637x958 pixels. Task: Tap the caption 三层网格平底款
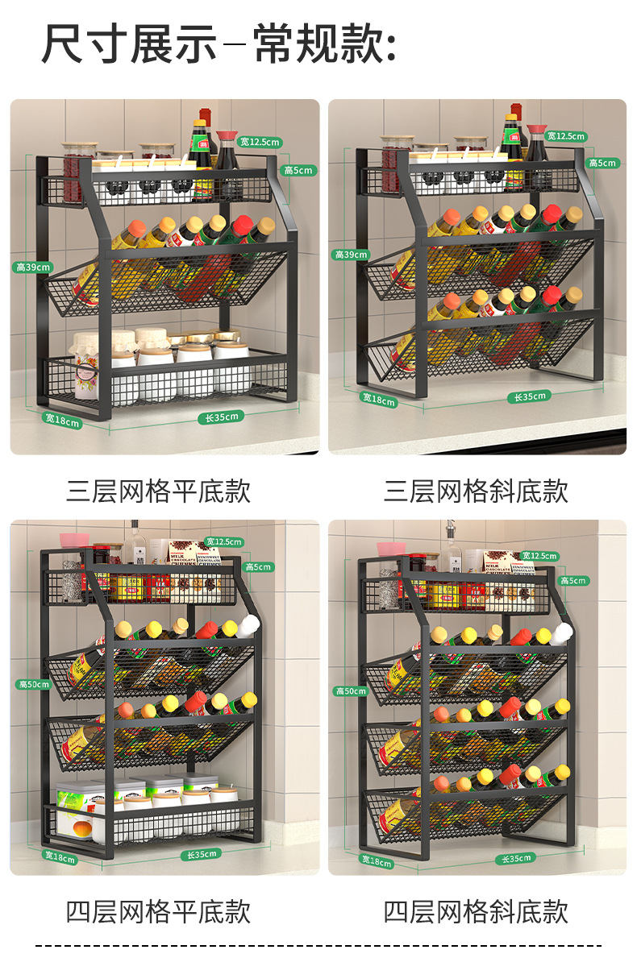click(159, 491)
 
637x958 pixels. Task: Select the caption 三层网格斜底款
click(477, 491)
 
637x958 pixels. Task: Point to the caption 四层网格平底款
click(159, 911)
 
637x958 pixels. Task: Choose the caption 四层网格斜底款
click(477, 911)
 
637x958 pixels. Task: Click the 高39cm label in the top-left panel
click(32, 267)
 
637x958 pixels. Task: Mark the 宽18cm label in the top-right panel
click(378, 400)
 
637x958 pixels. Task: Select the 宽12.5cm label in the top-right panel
click(566, 136)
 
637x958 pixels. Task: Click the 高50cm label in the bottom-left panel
click(34, 684)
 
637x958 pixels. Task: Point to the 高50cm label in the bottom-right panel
click(351, 691)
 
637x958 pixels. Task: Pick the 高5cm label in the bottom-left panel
click(260, 567)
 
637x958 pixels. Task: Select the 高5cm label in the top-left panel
click(298, 170)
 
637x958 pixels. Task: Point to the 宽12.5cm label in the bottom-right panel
click(539, 556)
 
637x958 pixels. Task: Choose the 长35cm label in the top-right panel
click(530, 396)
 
